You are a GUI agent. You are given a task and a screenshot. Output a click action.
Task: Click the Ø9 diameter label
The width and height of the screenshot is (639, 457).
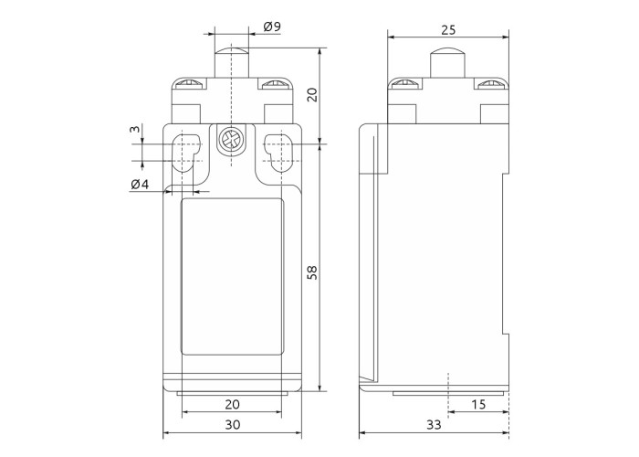click(272, 27)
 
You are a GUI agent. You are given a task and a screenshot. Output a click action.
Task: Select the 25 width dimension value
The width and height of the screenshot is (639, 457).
click(448, 30)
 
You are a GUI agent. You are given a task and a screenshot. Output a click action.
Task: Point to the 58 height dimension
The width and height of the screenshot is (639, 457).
click(312, 272)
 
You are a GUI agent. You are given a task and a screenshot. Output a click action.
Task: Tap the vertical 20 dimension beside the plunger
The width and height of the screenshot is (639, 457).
click(312, 95)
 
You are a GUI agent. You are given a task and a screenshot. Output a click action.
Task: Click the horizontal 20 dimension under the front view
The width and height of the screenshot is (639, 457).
click(232, 404)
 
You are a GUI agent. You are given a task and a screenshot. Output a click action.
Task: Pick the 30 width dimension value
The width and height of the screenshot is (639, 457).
click(232, 425)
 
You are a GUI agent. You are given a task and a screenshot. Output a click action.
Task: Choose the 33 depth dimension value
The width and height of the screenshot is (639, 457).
click(434, 425)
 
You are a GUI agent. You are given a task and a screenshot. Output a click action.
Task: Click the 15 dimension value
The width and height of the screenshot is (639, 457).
click(478, 404)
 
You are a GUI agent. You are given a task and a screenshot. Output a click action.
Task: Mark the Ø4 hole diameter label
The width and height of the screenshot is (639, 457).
click(140, 185)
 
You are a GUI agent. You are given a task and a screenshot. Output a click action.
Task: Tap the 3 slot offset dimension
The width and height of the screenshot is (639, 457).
click(134, 130)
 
